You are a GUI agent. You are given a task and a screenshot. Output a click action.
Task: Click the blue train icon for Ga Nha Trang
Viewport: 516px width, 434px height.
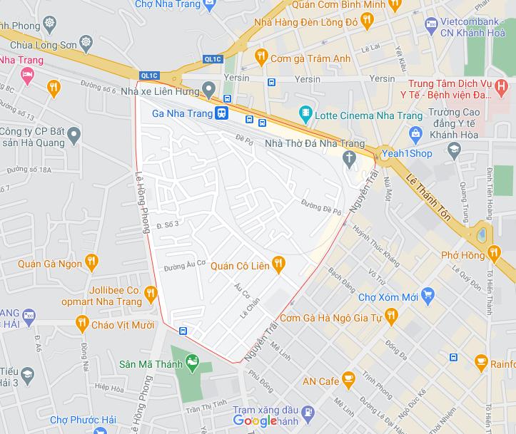pos(222,113)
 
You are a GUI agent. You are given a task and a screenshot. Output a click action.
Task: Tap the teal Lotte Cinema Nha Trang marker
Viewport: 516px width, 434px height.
pos(305,113)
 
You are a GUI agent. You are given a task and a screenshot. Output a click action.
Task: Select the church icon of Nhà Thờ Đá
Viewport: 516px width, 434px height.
pos(349,157)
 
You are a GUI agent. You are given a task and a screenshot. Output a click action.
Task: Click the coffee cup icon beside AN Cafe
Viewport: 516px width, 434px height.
pos(349,378)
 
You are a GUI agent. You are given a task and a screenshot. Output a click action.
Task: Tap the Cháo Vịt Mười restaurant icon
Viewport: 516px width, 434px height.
pos(81,325)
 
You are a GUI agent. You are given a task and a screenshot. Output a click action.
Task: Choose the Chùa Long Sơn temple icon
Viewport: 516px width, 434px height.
pos(86,41)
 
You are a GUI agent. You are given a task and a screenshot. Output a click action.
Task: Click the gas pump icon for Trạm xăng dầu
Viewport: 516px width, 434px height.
pos(308,412)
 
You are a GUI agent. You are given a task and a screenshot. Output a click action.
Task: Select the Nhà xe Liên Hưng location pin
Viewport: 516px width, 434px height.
pos(208,90)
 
